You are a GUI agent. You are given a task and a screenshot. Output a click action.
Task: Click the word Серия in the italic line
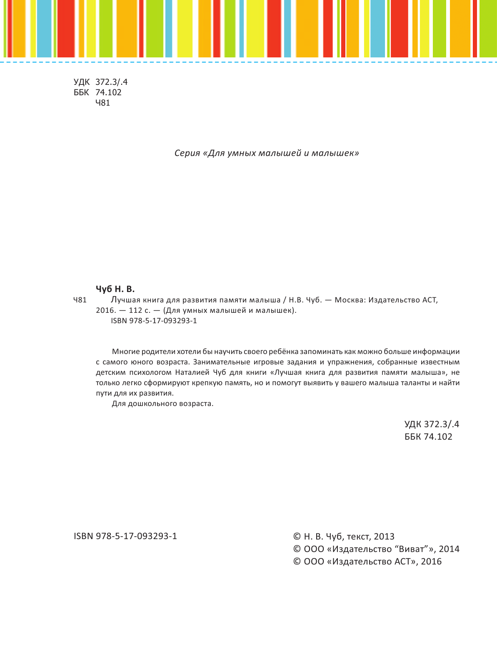(x=187, y=153)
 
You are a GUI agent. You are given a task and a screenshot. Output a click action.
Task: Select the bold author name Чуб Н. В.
(x=115, y=289)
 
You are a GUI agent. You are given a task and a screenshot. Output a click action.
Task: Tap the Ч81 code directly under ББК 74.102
(x=102, y=103)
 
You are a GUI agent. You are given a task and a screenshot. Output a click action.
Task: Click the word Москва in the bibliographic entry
(x=349, y=300)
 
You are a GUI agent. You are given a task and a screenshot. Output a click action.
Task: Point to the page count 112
(x=136, y=310)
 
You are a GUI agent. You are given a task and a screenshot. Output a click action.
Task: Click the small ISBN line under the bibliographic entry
(x=154, y=321)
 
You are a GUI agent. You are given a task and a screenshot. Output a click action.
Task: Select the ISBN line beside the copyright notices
(x=125, y=536)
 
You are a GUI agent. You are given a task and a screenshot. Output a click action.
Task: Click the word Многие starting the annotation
(x=126, y=352)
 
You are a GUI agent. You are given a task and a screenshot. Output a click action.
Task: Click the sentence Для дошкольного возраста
(x=162, y=403)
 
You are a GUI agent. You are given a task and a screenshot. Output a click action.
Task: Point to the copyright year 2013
(x=384, y=537)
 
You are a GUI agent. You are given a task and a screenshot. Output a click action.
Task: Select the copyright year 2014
(x=449, y=549)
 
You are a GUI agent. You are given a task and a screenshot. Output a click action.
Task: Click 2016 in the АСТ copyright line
(x=431, y=562)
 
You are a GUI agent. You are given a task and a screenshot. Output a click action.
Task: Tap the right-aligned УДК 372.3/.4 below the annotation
(x=432, y=424)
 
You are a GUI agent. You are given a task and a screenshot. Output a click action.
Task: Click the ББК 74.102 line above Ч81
(x=97, y=93)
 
